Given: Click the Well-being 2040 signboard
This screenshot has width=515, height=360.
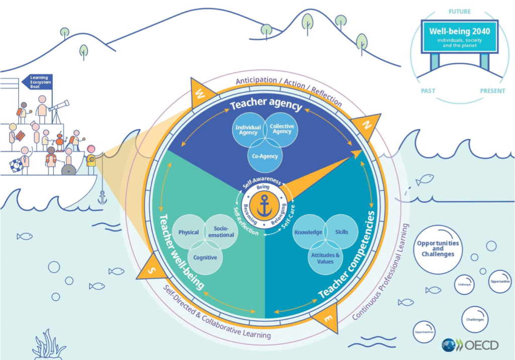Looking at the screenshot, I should point(459,36).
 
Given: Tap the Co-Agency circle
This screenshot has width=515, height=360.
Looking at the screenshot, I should point(265,156).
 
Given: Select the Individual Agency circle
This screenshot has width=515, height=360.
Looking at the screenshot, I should point(247,130).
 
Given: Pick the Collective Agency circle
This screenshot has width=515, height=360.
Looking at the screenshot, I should point(282,129).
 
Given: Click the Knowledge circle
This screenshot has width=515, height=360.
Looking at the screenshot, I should point(308,232).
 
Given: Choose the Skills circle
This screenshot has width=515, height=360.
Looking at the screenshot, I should point(341,232).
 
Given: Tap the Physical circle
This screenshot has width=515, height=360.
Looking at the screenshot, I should point(189,232).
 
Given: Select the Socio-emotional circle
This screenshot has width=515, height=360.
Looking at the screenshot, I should point(220,232).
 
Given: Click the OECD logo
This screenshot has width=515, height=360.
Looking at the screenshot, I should point(470,345).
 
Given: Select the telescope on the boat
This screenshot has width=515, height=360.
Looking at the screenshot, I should point(59,106).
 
